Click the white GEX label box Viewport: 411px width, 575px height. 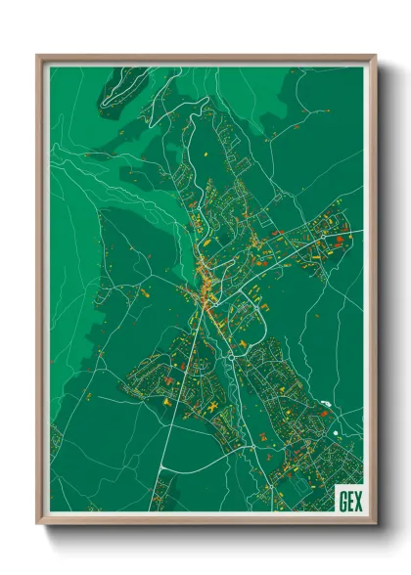(x=348, y=499)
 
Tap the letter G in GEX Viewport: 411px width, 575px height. (x=342, y=499)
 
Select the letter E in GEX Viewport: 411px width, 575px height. (x=349, y=499)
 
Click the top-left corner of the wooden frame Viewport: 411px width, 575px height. (x=38, y=56)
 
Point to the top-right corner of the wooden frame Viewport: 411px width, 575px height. (x=375, y=56)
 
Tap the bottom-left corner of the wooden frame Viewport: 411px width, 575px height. (x=38, y=524)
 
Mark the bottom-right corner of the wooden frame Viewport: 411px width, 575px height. (x=375, y=524)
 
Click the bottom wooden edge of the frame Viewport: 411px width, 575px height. (x=205, y=522)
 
